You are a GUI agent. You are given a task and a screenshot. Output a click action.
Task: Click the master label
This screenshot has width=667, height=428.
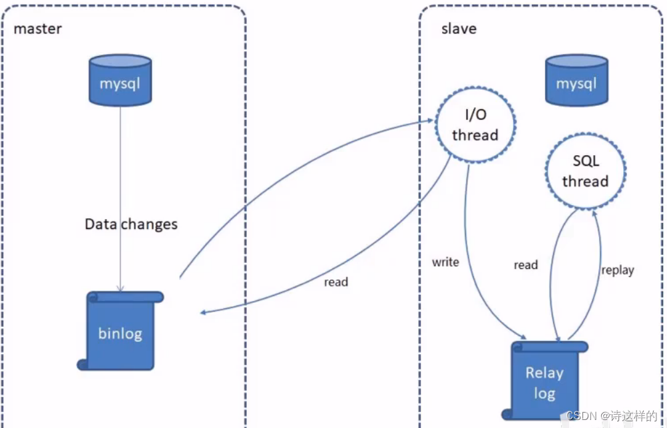pos(37,29)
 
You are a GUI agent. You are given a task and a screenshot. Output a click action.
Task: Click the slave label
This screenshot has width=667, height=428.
pos(459,29)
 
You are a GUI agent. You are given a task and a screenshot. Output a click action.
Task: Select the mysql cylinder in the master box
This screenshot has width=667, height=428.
pos(120,80)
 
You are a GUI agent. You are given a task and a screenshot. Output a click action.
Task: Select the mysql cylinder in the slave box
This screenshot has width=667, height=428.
pos(576,80)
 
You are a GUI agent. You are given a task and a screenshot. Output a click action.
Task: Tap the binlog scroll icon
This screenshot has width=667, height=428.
pos(120,331)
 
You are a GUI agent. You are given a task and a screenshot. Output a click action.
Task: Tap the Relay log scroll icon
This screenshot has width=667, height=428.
pos(545,381)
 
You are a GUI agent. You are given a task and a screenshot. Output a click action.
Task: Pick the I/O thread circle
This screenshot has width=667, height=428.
pos(475,124)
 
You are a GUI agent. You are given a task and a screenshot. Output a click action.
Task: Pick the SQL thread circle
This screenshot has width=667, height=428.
pos(585,171)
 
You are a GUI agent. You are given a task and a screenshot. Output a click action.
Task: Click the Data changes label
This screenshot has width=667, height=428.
pos(131,224)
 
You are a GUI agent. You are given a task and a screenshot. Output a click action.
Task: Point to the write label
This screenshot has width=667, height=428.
pos(445,262)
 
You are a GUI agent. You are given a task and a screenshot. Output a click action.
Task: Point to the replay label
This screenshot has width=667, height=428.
pos(618,270)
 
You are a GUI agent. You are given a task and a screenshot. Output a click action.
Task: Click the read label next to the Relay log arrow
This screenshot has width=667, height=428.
pos(526,265)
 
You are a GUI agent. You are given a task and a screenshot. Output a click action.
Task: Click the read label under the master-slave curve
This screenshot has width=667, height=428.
pos(336,282)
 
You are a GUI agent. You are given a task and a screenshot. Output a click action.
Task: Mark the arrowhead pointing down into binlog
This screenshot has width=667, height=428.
pos(120,288)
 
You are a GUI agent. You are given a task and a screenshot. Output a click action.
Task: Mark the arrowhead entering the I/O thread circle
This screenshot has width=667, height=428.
pos(430,120)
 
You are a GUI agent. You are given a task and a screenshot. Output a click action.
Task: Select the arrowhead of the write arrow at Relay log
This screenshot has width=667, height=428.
pos(523,336)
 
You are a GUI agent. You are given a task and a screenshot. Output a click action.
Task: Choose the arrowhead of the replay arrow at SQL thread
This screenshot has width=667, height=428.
pos(594,213)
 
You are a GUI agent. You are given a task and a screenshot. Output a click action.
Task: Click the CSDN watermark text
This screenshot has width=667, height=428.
pos(612,415)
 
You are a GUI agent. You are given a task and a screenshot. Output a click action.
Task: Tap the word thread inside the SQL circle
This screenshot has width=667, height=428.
pos(585,181)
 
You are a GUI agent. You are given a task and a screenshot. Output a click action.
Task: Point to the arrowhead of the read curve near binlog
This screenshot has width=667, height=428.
pos(203,312)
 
